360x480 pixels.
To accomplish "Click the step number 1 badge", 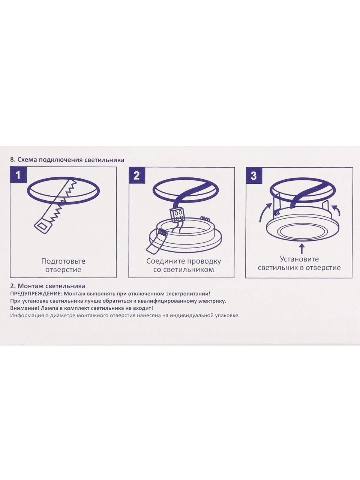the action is click(x=18, y=175).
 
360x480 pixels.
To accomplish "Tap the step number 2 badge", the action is click(x=136, y=175).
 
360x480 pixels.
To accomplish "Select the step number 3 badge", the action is click(x=253, y=175).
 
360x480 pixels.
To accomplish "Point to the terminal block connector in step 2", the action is click(x=177, y=215).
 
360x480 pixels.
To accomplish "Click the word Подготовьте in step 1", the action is click(x=63, y=261).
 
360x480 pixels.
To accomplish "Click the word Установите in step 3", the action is click(x=300, y=259).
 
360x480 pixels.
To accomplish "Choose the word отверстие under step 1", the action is click(x=63, y=270).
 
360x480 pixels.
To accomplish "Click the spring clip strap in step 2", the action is click(x=156, y=242).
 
